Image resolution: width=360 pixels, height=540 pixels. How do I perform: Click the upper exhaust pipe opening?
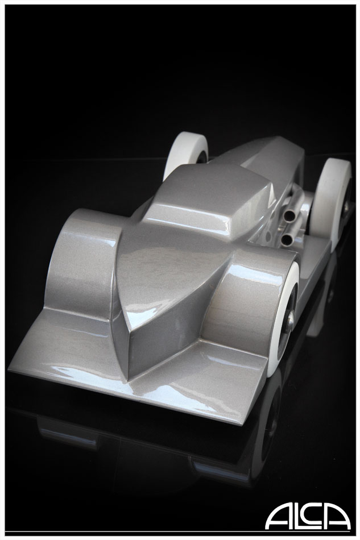point(289,217)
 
